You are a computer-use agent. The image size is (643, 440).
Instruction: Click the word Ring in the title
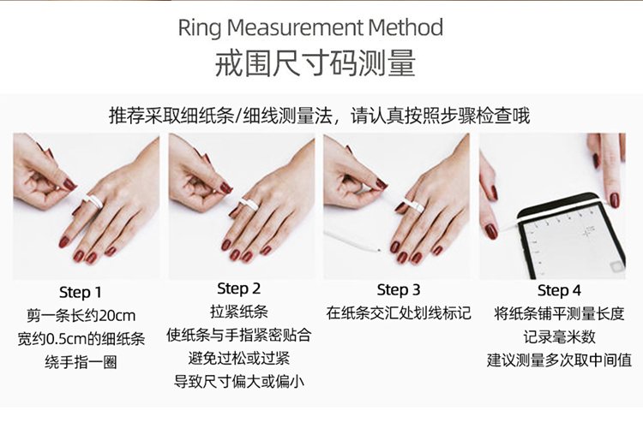(x=200, y=28)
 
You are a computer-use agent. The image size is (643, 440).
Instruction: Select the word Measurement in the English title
(x=295, y=28)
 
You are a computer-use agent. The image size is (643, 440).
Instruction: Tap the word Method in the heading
(x=406, y=28)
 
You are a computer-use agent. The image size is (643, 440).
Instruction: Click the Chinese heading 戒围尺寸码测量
(x=315, y=63)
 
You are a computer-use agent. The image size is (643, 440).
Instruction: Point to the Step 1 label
(x=80, y=292)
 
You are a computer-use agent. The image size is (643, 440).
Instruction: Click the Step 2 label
(x=238, y=288)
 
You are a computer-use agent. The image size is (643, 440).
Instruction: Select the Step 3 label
(x=398, y=290)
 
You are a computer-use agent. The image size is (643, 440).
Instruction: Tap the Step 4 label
(x=559, y=290)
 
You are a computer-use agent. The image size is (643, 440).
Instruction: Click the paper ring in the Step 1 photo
(x=93, y=201)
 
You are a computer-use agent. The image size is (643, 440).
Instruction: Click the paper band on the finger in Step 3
(x=413, y=205)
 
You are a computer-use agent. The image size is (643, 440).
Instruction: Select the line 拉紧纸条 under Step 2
(x=238, y=312)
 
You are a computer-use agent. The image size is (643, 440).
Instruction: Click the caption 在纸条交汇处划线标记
(x=398, y=313)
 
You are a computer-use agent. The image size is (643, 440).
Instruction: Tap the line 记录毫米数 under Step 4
(x=559, y=337)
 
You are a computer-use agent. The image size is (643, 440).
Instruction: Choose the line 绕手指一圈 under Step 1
(x=81, y=362)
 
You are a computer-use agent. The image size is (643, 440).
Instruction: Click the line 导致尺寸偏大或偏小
(x=238, y=382)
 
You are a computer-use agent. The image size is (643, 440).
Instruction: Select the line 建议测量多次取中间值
(x=559, y=360)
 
